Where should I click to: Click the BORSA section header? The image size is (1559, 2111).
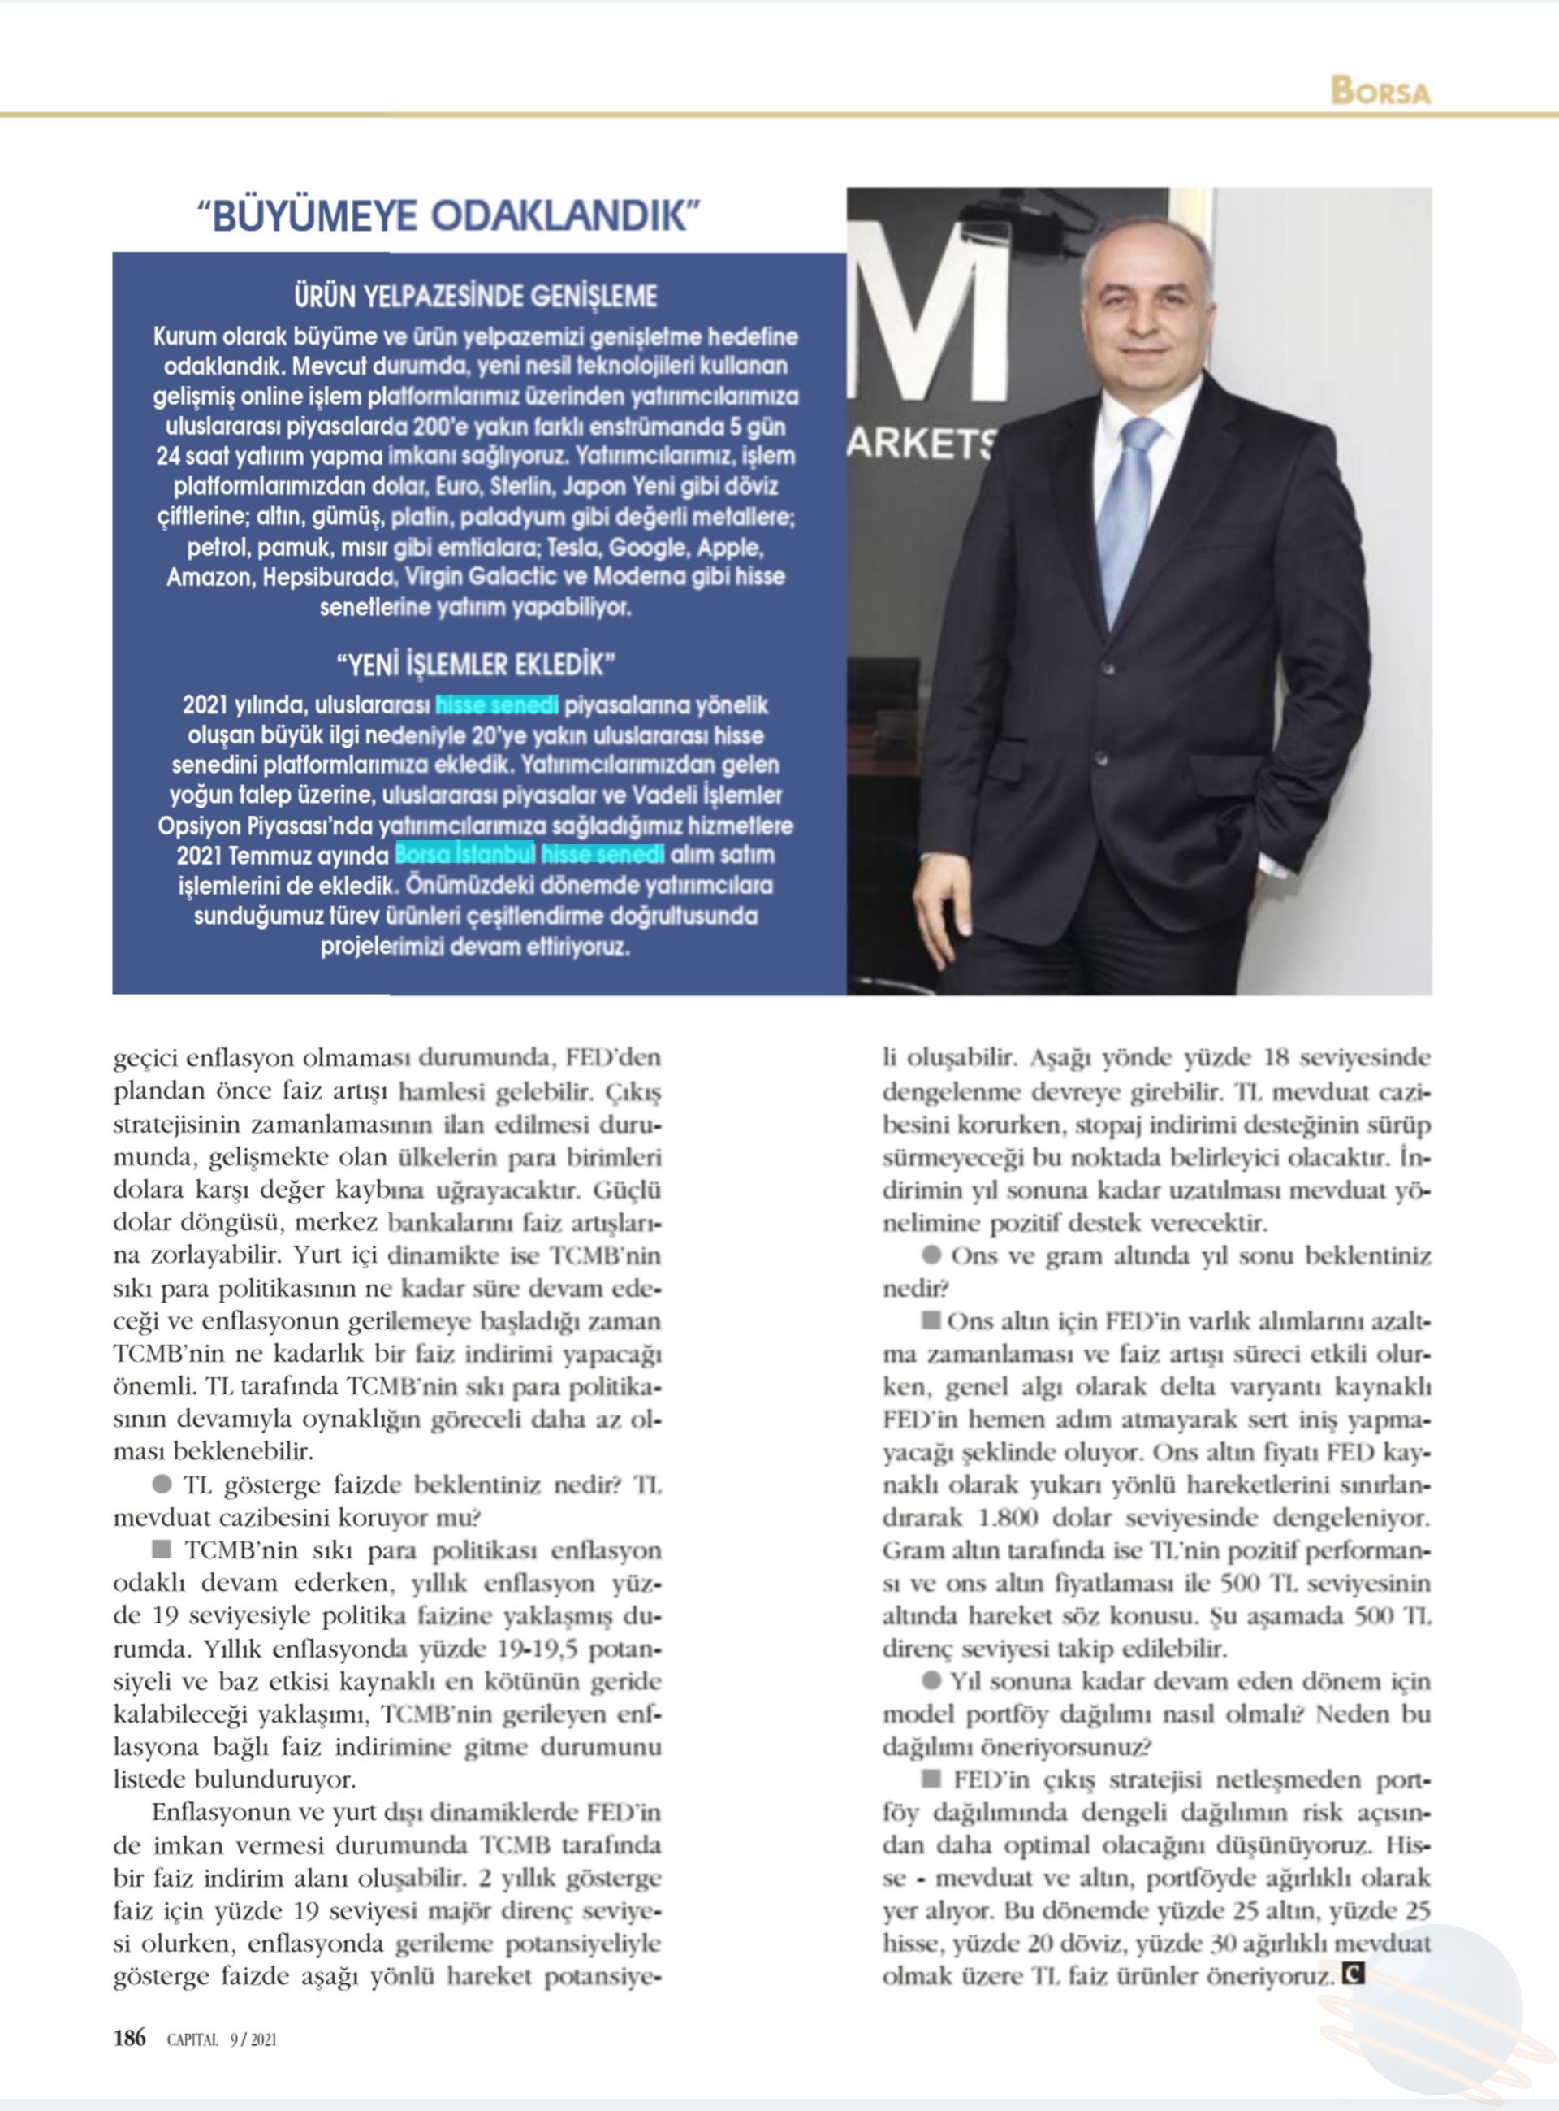point(1380,91)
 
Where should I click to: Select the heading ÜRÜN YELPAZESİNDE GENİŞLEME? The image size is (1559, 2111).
point(476,297)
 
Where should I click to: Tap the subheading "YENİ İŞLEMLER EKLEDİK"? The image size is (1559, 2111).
point(476,665)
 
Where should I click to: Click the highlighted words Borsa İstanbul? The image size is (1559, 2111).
point(464,855)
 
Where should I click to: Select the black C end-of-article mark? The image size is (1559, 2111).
point(1354,1971)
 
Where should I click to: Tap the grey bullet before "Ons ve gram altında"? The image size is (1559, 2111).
point(931,1255)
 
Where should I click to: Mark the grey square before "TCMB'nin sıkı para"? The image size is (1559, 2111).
point(162,1549)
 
